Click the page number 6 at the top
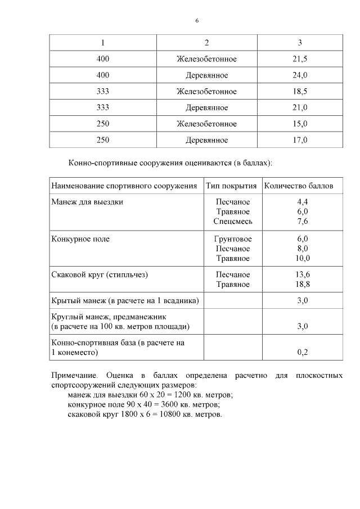(x=197, y=21)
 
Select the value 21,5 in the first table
(x=300, y=59)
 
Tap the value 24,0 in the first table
(x=300, y=75)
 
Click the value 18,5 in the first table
(x=300, y=92)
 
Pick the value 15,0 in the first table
(x=300, y=124)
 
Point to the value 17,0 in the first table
(x=300, y=141)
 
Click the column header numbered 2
(x=206, y=43)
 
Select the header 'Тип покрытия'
(x=231, y=186)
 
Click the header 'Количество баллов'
(x=298, y=186)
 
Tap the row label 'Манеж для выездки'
(x=87, y=202)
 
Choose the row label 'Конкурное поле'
(x=80, y=239)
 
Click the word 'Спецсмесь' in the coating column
(x=233, y=221)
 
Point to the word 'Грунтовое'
(x=233, y=239)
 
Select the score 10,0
(x=303, y=258)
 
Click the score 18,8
(x=303, y=285)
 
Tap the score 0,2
(x=303, y=353)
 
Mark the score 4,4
(x=303, y=202)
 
